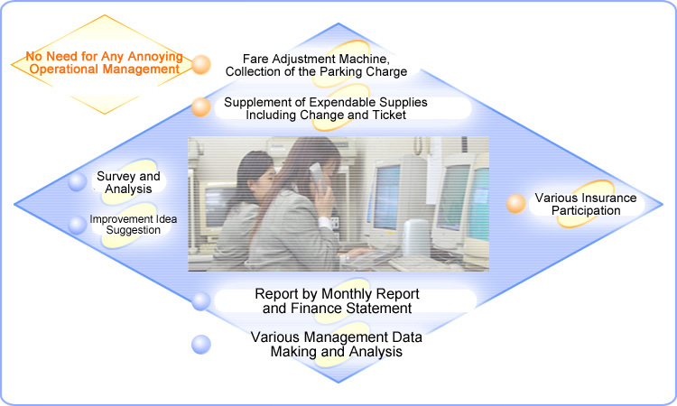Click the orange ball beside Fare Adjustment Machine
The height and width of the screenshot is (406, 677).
coord(201,65)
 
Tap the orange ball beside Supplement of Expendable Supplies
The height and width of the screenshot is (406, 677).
coord(201,107)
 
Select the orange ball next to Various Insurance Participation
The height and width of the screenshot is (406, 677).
coord(516,204)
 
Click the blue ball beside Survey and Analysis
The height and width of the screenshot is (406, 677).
coord(78,181)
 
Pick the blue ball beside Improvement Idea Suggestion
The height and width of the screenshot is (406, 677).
coord(78,225)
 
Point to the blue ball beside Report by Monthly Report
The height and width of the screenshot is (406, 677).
coord(201,301)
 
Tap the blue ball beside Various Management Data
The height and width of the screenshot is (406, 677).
coord(201,345)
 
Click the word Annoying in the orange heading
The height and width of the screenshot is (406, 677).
coord(155,57)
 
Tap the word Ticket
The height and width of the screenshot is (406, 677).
coord(389,115)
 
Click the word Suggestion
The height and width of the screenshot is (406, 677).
coord(134,230)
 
